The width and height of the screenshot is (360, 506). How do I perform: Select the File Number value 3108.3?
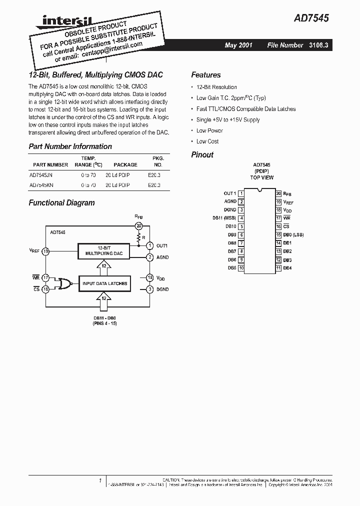320,45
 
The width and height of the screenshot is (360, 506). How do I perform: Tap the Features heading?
205,75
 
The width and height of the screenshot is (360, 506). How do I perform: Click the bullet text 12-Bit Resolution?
216,87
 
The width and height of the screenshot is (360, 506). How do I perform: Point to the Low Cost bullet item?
207,141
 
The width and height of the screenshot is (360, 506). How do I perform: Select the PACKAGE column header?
125,164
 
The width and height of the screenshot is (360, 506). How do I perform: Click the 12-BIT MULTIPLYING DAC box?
103,251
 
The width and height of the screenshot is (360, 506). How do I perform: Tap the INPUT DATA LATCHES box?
105,283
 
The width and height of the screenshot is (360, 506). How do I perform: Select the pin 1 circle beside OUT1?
149,245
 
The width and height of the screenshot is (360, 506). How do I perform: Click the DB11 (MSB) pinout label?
223,218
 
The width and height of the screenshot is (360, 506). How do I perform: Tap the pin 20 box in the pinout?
278,193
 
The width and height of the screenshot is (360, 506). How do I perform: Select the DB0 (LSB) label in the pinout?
293,234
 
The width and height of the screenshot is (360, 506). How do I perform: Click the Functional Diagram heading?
61,203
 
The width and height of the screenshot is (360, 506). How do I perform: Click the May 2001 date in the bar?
238,45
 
